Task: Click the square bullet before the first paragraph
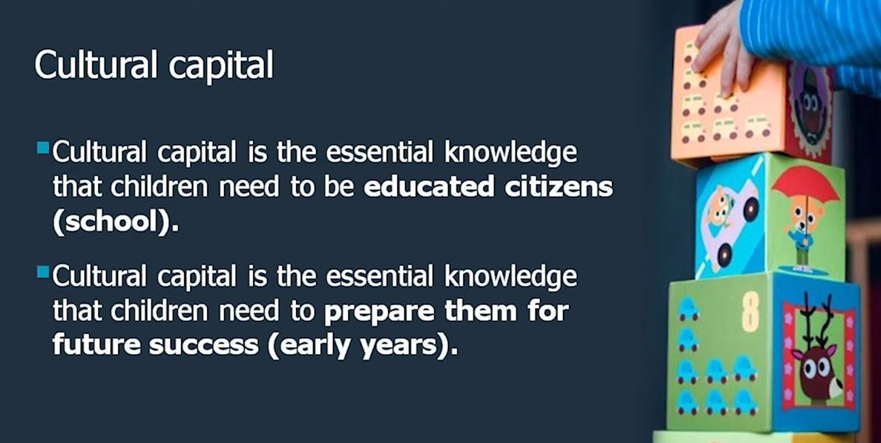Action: point(42,146)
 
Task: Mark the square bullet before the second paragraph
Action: point(42,271)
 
